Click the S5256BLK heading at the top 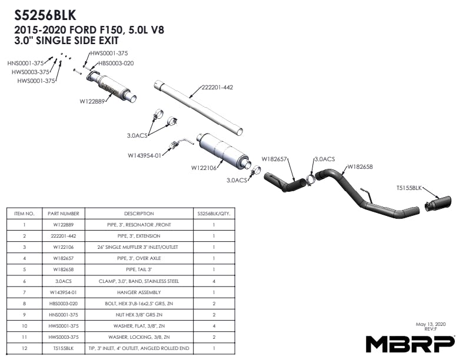coord(45,14)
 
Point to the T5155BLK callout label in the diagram coord(409,188)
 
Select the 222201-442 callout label coord(218,88)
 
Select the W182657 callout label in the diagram coord(274,159)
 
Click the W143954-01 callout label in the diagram coord(145,156)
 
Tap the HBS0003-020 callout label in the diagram coord(116,63)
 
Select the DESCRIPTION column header coord(139,214)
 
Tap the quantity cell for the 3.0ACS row coord(214,281)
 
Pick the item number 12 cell coord(24,348)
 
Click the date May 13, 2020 coord(431,324)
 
